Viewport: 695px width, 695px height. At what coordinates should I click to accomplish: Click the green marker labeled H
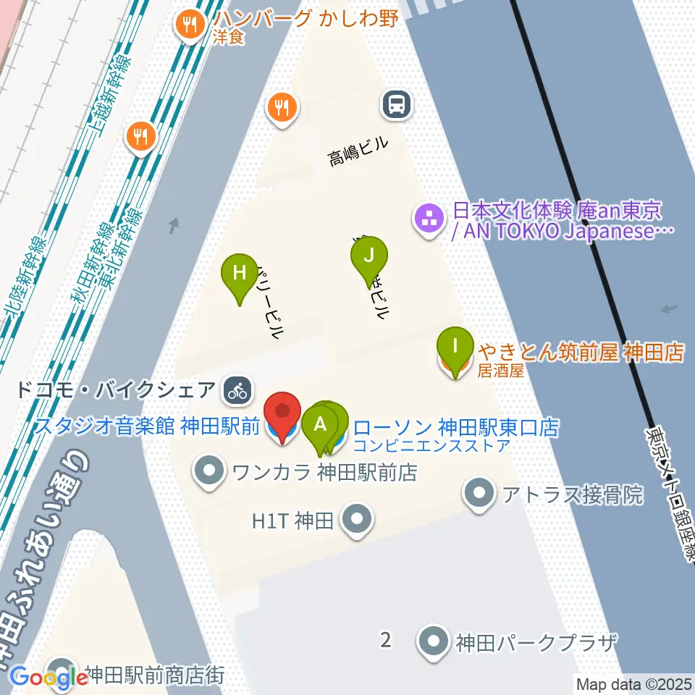pos(241,274)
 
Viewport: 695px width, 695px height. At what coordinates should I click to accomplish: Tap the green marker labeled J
pos(369,256)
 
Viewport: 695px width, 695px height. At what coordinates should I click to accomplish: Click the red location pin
pos(282,413)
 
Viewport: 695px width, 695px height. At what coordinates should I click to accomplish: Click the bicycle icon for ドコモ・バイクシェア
pos(237,390)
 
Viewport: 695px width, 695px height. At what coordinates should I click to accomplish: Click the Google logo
pos(49,678)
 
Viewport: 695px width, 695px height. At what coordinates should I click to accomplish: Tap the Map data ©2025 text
pos(634,683)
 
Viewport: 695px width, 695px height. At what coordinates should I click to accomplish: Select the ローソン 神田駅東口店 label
pos(457,427)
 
